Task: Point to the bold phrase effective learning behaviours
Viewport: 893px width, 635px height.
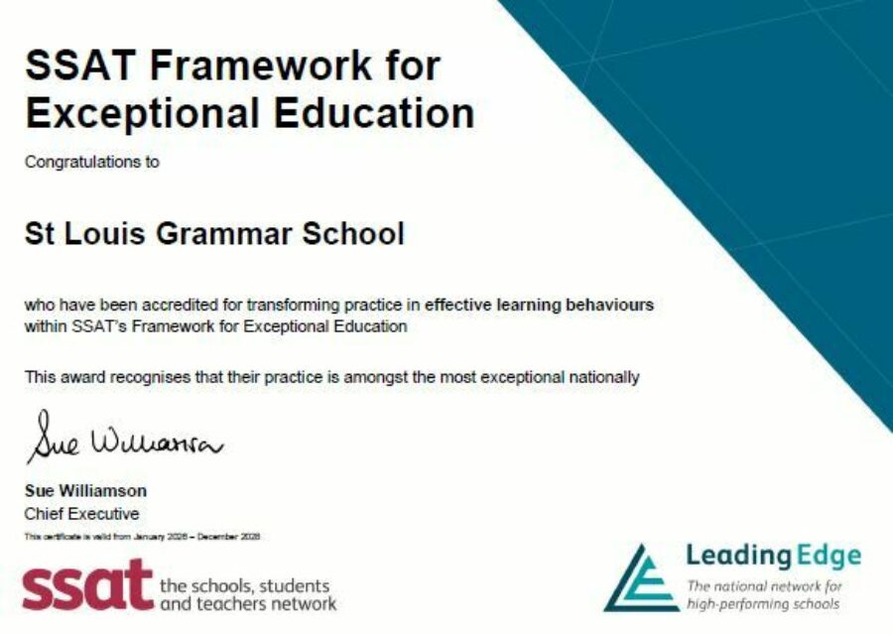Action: point(539,305)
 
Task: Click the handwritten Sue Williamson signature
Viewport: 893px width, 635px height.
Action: point(124,438)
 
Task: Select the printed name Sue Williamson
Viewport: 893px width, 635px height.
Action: point(85,491)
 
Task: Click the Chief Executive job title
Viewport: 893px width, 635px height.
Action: point(81,514)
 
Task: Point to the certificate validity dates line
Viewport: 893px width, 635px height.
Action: point(142,537)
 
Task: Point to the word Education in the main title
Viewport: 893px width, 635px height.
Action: point(375,113)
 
